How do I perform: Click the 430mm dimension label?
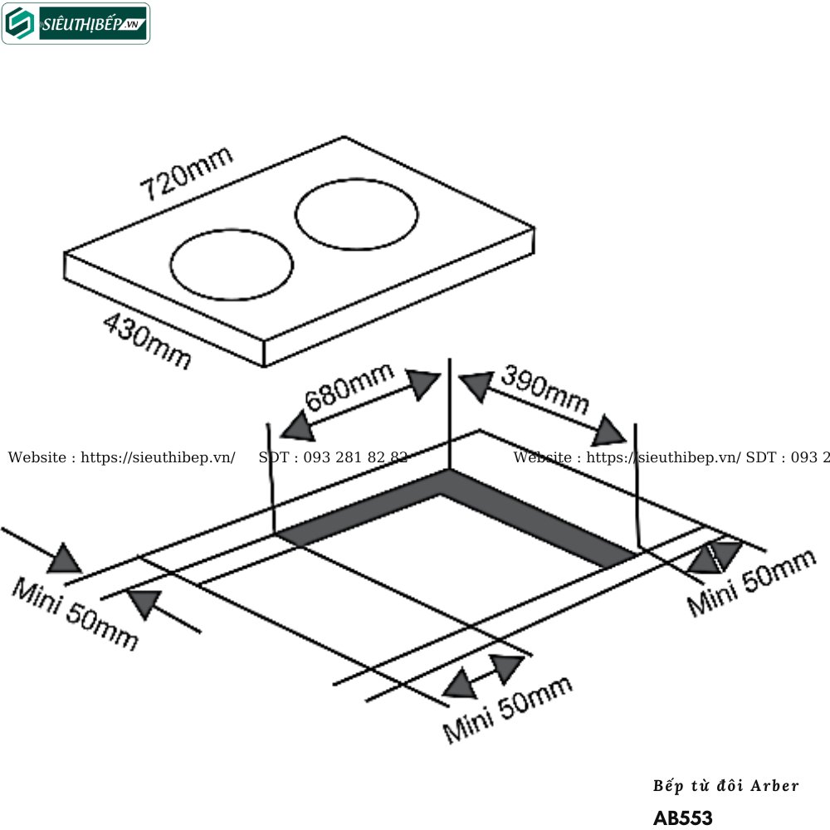tap(147, 340)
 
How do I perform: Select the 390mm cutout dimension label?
tap(544, 389)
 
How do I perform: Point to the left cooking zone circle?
tap(232, 265)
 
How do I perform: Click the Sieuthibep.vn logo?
tap(76, 24)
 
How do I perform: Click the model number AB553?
tap(682, 818)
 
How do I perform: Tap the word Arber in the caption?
tap(774, 785)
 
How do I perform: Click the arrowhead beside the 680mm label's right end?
tap(425, 383)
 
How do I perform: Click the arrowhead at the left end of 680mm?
tap(295, 427)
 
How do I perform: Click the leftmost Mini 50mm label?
tap(75, 613)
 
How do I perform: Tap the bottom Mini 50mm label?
tap(507, 709)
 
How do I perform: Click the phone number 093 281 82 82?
tap(334, 457)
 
